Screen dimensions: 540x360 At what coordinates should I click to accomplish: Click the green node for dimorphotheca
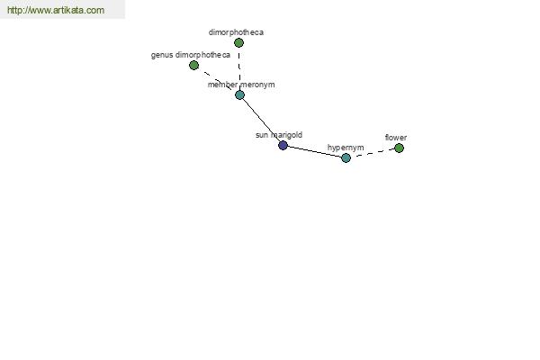(x=238, y=42)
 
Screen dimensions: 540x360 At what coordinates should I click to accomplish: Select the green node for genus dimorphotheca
(x=193, y=65)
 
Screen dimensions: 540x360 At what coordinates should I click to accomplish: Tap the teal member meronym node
(x=239, y=94)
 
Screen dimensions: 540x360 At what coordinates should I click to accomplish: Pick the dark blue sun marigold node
(x=283, y=146)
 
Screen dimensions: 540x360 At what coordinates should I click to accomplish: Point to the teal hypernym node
(x=346, y=157)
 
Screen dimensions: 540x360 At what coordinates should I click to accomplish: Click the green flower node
(x=399, y=148)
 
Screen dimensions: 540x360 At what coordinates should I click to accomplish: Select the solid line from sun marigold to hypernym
(x=314, y=151)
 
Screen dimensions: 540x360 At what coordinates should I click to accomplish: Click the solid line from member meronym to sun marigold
(x=261, y=120)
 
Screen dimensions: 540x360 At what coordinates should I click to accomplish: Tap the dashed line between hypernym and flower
(x=373, y=153)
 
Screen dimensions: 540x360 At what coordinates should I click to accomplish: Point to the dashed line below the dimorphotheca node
(x=239, y=69)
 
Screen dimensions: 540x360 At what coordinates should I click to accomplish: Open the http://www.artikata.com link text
(x=56, y=10)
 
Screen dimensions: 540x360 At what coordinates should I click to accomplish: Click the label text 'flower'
(x=396, y=138)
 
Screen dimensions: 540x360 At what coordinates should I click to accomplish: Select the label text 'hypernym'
(x=346, y=148)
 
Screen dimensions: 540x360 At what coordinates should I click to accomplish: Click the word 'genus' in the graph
(x=162, y=55)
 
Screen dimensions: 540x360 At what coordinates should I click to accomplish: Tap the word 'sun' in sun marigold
(x=262, y=135)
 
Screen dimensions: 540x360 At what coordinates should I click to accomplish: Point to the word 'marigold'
(x=286, y=135)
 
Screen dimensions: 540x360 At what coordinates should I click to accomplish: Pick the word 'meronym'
(x=257, y=85)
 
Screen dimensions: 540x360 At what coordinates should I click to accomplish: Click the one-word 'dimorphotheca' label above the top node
(x=236, y=32)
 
